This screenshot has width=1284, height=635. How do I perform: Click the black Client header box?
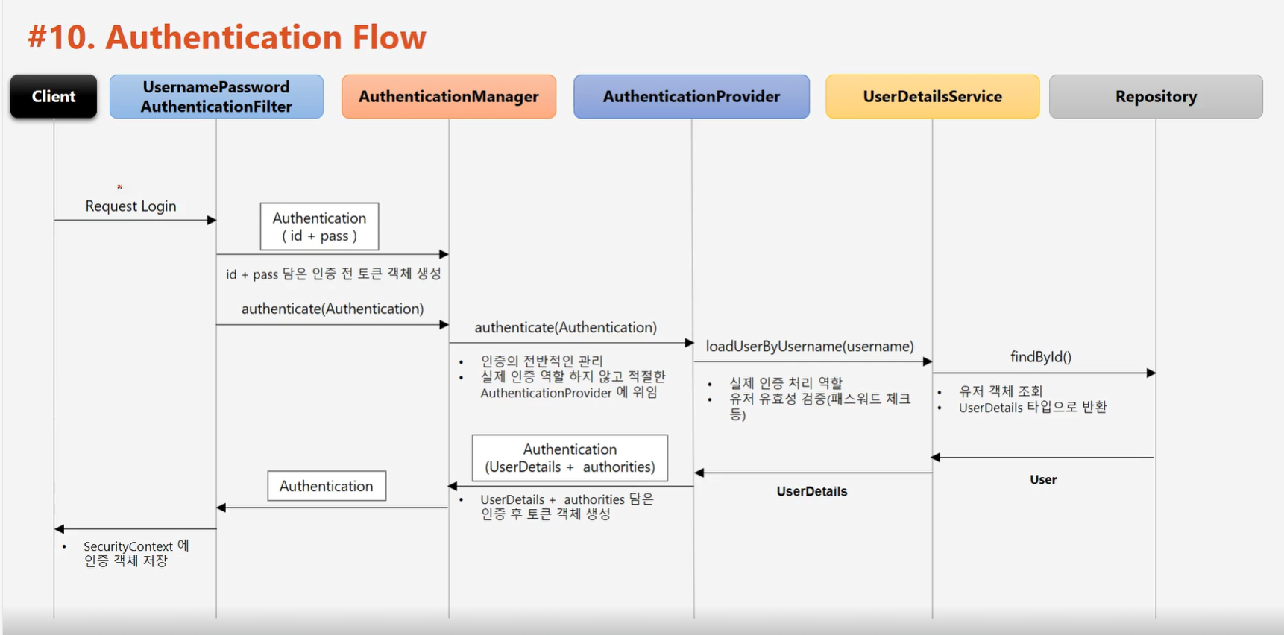(x=54, y=96)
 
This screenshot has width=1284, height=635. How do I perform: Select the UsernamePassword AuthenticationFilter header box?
(x=216, y=96)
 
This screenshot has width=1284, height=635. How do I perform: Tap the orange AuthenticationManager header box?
(x=448, y=96)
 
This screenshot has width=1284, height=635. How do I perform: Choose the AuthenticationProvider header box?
(x=691, y=96)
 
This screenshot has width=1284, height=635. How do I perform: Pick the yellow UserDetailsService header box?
(x=932, y=96)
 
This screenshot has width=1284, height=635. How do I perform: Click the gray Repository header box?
(x=1156, y=96)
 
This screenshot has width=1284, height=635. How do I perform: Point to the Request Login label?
(x=130, y=206)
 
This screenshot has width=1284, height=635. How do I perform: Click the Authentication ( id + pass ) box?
(x=319, y=227)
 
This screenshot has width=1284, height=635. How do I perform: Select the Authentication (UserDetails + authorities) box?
(x=570, y=458)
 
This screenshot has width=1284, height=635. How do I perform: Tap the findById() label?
(x=1040, y=357)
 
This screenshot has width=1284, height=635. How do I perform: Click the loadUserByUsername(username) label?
(x=810, y=347)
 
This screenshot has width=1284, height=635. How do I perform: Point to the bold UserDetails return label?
(x=812, y=491)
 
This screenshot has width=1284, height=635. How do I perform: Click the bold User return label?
(x=1043, y=480)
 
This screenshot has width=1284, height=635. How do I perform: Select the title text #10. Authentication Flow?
(x=227, y=37)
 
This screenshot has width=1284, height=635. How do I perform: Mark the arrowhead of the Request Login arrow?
(x=212, y=220)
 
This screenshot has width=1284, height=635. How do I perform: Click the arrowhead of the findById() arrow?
(x=1151, y=373)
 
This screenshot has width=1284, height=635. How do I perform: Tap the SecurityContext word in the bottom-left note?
(x=128, y=546)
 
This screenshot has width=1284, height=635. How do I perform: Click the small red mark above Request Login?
(x=119, y=186)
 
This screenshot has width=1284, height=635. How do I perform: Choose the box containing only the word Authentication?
(x=327, y=486)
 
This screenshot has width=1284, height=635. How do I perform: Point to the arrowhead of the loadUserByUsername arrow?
(x=928, y=361)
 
